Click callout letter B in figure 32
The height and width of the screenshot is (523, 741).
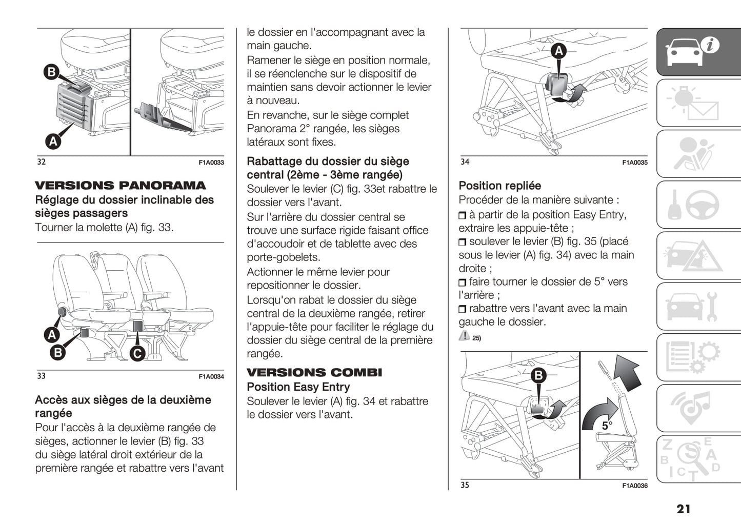[51, 72]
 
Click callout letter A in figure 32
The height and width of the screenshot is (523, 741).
[53, 140]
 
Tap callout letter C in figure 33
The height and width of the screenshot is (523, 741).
[137, 353]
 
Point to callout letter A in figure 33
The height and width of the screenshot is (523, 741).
[52, 335]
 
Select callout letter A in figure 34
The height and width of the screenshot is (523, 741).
[558, 51]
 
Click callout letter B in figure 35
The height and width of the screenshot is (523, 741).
[538, 376]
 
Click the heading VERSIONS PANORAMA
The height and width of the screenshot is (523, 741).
[120, 186]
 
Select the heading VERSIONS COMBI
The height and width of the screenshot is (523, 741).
[314, 373]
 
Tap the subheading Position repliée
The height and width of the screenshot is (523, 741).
[499, 186]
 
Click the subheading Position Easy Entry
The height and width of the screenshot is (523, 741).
[298, 387]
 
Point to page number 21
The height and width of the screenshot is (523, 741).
[683, 509]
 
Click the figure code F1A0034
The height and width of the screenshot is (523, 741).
[211, 377]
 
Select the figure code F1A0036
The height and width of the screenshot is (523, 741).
[635, 486]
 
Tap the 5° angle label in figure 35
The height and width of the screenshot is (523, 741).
[607, 426]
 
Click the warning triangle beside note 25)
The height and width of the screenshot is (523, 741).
[464, 336]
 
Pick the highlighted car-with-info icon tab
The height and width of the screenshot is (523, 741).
[698, 52]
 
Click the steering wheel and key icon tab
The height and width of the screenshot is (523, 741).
[698, 205]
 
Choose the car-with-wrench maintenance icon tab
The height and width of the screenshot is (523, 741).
[698, 307]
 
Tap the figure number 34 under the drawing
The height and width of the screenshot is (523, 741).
[465, 162]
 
